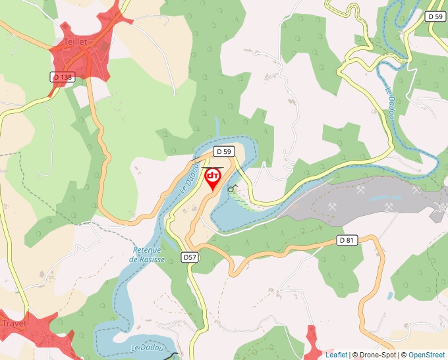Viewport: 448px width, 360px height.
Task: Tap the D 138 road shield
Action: point(63,77)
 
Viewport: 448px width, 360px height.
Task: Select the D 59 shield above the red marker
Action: point(224,151)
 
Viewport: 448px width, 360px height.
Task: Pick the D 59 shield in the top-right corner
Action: point(434,16)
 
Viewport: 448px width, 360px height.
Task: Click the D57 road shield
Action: point(190,257)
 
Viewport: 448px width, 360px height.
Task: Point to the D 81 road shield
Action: point(347,240)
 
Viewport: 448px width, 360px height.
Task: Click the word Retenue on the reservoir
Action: point(147,250)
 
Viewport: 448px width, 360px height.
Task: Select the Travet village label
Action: point(14,323)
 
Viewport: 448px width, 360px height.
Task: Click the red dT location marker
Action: point(213,178)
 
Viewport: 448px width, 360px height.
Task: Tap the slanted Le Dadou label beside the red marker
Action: point(188,178)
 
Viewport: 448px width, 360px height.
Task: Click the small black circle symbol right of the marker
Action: point(231,189)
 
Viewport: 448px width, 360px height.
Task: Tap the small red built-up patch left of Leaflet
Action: point(316,344)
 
